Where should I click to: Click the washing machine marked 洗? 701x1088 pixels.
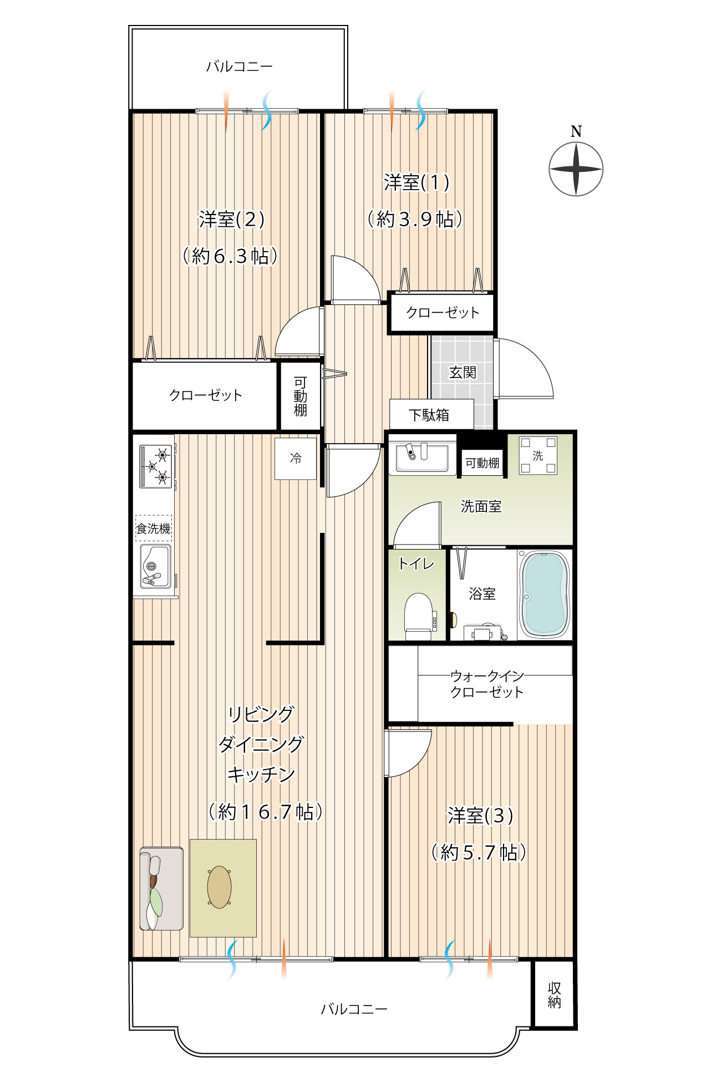[538, 455]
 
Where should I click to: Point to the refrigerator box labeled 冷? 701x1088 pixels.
[296, 459]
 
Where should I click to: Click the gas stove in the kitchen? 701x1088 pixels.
[156, 466]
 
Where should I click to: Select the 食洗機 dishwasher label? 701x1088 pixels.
[154, 528]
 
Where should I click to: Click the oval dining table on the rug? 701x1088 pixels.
[220, 887]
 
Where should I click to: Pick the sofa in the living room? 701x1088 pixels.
[161, 888]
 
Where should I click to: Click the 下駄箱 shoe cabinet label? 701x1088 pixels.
[429, 415]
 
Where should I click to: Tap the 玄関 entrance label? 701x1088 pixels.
[463, 372]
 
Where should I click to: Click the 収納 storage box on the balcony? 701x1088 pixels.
[554, 995]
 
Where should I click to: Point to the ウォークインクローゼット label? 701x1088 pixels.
[487, 684]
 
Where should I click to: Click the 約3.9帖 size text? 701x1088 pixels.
[415, 219]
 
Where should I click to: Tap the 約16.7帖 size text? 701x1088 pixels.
[265, 812]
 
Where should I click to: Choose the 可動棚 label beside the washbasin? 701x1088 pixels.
[482, 463]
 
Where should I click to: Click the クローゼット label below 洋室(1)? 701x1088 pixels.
[443, 313]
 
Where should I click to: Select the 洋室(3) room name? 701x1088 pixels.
[480, 816]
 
